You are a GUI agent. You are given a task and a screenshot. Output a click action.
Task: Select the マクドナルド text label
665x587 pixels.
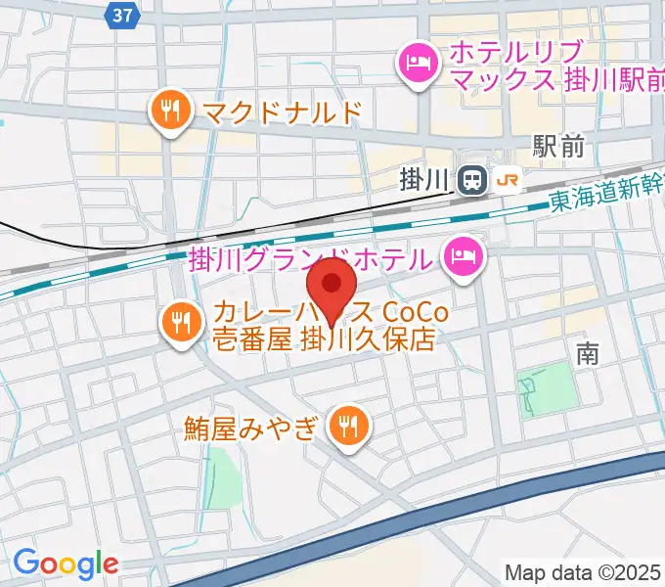283,113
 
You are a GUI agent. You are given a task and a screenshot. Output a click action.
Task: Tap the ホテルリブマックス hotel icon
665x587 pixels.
419,66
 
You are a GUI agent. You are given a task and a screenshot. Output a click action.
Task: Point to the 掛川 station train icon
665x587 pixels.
472,179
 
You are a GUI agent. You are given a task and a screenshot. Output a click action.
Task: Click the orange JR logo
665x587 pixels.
508,180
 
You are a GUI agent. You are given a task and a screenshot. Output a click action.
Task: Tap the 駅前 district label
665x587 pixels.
558,147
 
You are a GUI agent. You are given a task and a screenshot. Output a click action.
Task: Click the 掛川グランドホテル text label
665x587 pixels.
309,260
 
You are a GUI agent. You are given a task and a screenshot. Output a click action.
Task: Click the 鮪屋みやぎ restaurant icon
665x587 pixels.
348,426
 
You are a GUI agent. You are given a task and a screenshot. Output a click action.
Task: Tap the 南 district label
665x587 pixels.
587,353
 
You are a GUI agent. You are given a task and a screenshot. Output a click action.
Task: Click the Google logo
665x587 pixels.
65,564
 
